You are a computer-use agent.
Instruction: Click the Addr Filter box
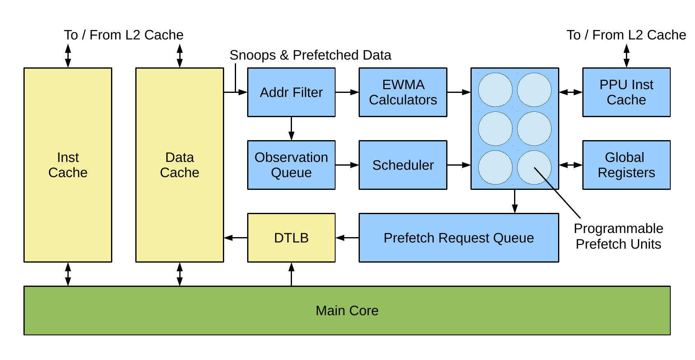tap(291, 92)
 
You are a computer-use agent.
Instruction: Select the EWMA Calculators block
tap(403, 92)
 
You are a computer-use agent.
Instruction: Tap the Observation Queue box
tap(291, 165)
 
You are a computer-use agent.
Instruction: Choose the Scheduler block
tap(403, 165)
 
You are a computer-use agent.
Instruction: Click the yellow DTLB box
tap(291, 238)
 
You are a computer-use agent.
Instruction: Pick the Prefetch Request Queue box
tap(459, 238)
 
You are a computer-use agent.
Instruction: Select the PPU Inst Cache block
tap(626, 92)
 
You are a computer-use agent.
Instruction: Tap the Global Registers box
tap(626, 165)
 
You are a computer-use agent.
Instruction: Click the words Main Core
tap(347, 311)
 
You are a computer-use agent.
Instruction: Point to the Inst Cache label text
tap(68, 165)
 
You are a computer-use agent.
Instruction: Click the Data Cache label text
tap(180, 165)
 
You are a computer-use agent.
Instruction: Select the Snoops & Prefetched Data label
tap(310, 55)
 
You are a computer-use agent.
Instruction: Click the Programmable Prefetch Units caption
tap(619, 236)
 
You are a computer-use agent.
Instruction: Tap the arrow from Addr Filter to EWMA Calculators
tap(347, 92)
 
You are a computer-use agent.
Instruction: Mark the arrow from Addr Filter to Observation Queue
tap(291, 129)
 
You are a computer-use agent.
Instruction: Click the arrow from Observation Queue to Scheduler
tap(347, 165)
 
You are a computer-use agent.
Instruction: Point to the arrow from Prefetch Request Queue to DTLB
tap(347, 238)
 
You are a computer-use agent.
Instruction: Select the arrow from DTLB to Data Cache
tap(236, 238)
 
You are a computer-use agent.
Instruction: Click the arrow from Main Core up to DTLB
tap(291, 274)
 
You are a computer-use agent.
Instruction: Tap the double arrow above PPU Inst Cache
tap(626, 56)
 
